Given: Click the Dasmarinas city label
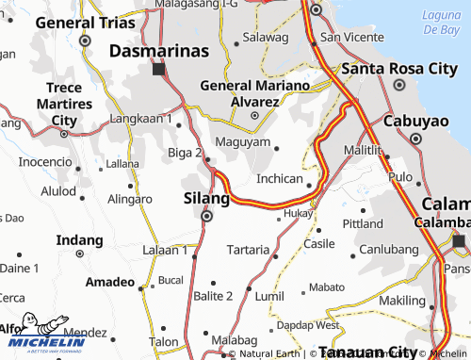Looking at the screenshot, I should pyautogui.click(x=158, y=52).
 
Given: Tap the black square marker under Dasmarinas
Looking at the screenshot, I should pyautogui.click(x=158, y=69).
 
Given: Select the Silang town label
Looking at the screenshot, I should pyautogui.click(x=205, y=199).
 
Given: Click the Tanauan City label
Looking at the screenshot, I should pyautogui.click(x=367, y=352).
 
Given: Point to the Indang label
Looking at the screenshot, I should pyautogui.click(x=79, y=240).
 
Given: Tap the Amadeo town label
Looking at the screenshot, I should pyautogui.click(x=110, y=283).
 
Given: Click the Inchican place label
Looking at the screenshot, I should pyautogui.click(x=279, y=177).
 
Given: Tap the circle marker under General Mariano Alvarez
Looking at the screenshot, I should pyautogui.click(x=253, y=115).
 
